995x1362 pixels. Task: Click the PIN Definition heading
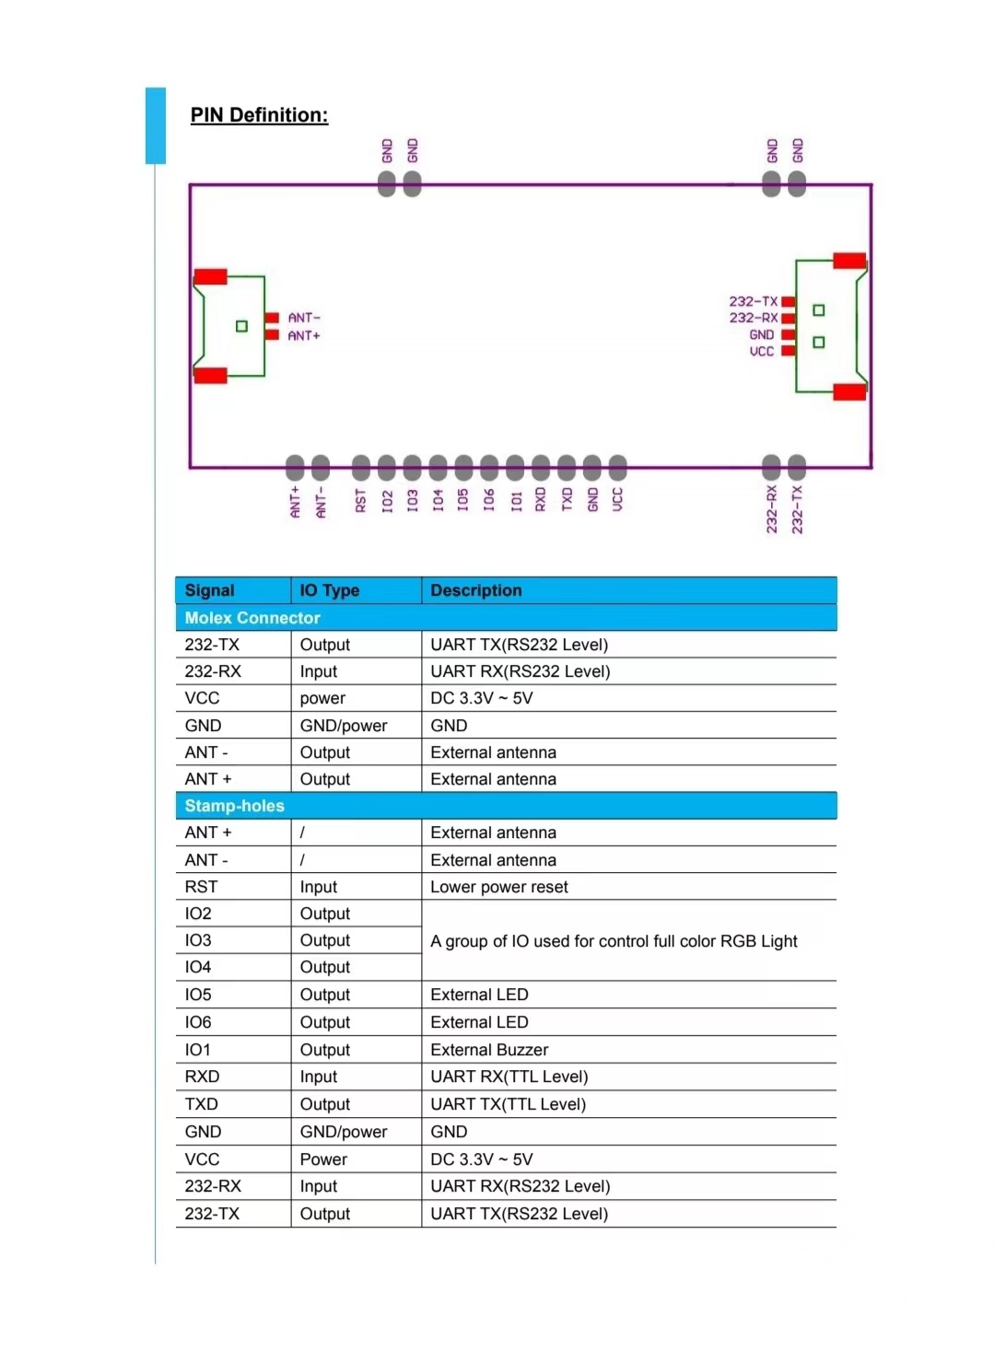[259, 115]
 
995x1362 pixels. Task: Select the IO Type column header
[329, 589]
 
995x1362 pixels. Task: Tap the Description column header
[475, 589]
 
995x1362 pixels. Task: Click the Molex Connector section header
[252, 617]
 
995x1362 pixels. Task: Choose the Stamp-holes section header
[234, 805]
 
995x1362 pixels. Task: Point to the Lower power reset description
[498, 887]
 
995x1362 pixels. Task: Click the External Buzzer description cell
[489, 1050]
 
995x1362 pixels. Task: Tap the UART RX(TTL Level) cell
[509, 1077]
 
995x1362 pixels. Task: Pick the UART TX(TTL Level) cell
[508, 1103]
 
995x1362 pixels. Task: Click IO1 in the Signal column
[198, 1050]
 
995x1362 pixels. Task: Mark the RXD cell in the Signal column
[202, 1077]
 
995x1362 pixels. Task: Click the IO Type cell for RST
[318, 887]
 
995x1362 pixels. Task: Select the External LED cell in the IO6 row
[479, 1022]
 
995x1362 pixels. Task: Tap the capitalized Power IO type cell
[323, 1158]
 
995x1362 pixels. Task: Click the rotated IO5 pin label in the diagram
[462, 500]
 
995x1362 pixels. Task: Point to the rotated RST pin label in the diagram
[360, 500]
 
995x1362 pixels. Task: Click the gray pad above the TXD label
[567, 467]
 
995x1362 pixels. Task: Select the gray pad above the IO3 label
[412, 467]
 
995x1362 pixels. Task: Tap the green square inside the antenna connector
[241, 327]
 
